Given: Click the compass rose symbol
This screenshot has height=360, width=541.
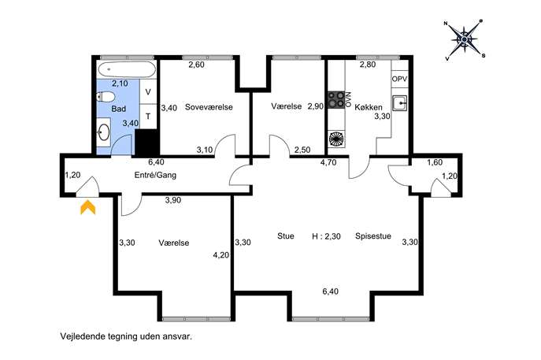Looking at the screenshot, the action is [465, 40].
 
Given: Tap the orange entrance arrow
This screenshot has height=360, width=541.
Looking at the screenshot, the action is [88, 207].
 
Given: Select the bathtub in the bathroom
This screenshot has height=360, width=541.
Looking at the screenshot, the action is [127, 69].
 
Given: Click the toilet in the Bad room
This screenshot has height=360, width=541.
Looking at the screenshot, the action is [106, 97].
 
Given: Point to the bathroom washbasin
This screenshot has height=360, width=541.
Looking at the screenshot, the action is [103, 132].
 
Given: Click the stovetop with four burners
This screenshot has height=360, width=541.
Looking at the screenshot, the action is [336, 99].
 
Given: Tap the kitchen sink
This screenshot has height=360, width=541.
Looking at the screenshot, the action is [400, 103].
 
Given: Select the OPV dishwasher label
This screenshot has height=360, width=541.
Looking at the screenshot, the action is [399, 79].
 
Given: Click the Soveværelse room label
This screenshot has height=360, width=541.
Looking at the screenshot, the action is [209, 107].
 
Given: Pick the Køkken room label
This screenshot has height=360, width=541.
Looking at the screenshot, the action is [368, 107].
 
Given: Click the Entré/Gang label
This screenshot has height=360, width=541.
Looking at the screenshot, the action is [155, 175].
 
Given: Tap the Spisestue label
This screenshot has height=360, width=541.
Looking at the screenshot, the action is [373, 236].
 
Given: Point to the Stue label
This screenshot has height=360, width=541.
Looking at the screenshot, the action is [286, 236].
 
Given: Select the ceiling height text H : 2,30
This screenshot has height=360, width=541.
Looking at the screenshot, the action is [326, 236].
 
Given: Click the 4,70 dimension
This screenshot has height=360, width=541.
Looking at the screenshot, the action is [328, 162].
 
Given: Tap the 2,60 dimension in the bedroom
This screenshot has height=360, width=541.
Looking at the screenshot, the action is [196, 65].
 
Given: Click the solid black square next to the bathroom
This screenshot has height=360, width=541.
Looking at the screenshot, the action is [147, 143].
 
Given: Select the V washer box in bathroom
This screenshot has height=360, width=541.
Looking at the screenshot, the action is [148, 92].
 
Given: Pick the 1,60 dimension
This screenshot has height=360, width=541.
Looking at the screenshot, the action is [435, 162].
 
